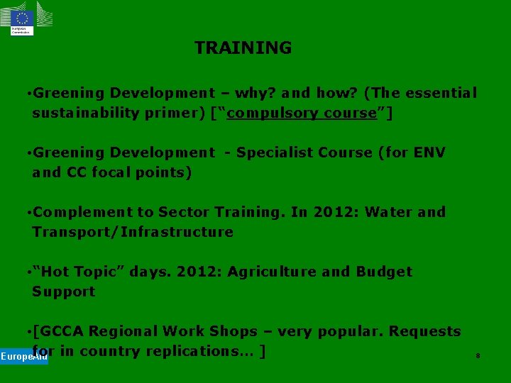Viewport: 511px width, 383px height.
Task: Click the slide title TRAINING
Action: tap(243, 48)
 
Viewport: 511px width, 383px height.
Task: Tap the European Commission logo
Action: tap(22, 19)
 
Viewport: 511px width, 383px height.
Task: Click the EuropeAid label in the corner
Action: tap(23, 356)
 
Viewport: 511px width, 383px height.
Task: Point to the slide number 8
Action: tap(478, 355)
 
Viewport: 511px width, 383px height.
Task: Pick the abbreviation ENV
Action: tap(429, 152)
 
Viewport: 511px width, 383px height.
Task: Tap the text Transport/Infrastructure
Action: tap(133, 232)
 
